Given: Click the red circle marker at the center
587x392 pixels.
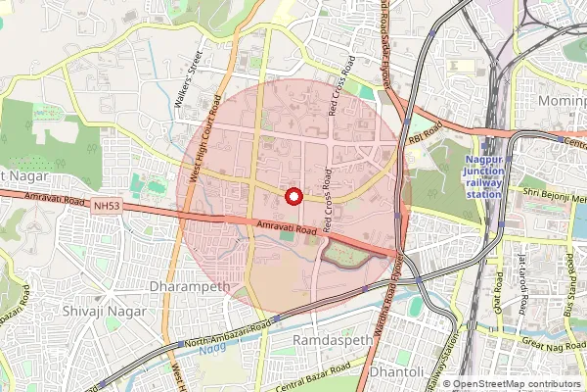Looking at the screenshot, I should [292, 196].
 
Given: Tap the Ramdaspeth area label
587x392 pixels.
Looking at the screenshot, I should [327, 340].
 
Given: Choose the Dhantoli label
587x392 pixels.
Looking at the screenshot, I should [396, 374].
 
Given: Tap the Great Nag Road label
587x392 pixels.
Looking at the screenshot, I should [553, 341].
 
